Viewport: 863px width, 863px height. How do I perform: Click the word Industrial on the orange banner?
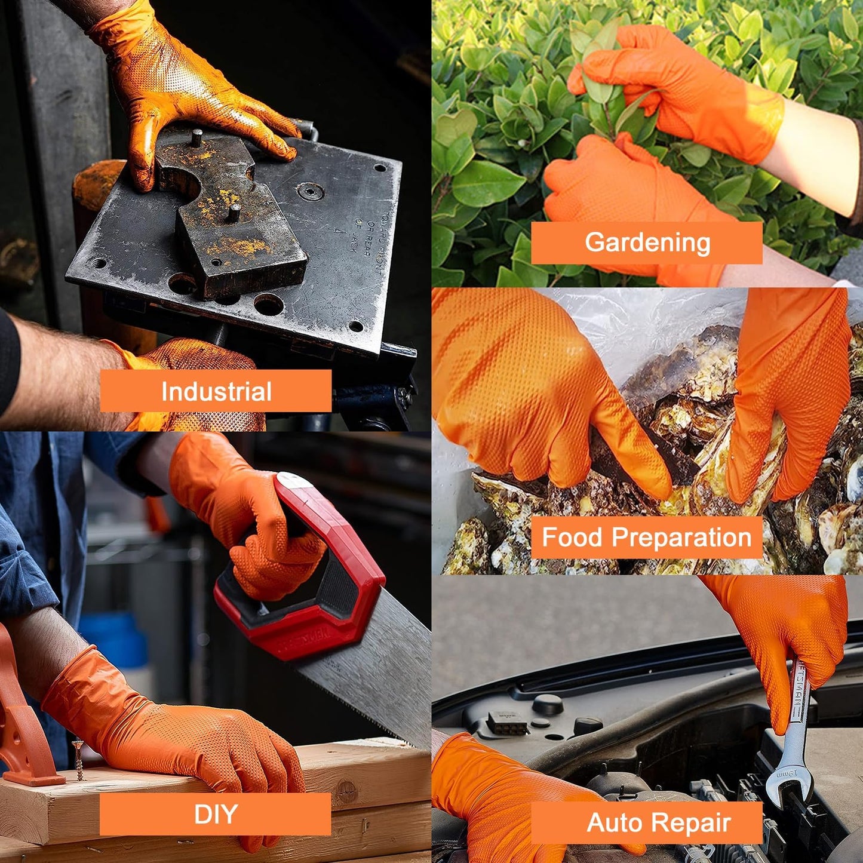point(216,391)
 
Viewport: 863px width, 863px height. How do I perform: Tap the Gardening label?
point(647,242)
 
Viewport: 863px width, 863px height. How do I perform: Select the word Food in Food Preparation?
point(572,538)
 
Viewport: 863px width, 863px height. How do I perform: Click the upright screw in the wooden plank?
point(77,758)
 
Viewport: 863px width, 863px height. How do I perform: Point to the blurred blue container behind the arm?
point(116,639)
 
